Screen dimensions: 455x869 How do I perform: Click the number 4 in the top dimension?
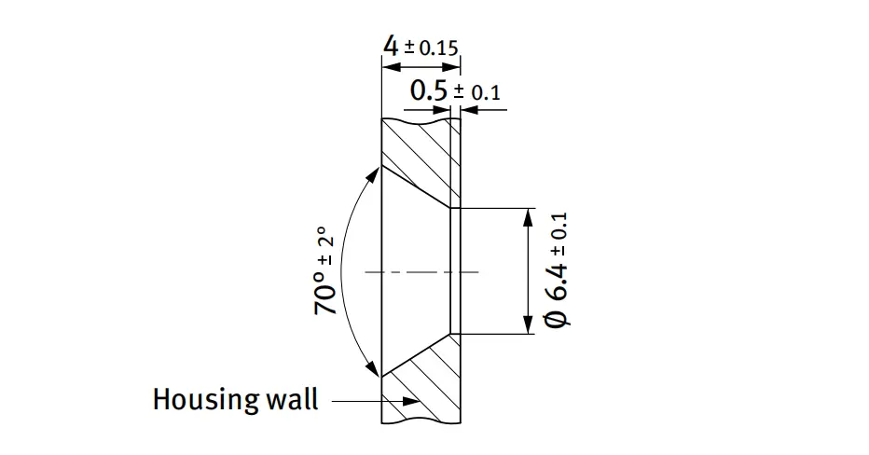click(x=392, y=47)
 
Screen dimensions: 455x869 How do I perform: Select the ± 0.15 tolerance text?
click(x=432, y=48)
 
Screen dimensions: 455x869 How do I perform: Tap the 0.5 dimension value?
click(x=429, y=90)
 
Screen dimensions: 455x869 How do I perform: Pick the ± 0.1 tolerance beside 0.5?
click(x=476, y=92)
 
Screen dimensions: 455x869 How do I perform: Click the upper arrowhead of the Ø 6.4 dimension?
click(x=528, y=214)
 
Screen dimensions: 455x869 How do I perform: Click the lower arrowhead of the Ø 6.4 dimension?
click(x=528, y=327)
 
